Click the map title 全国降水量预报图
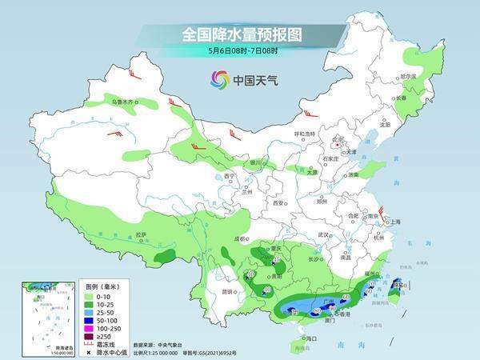tap(240, 35)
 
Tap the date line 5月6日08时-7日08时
tap(240, 50)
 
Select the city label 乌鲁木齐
tap(125, 102)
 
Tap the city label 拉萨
tap(142, 234)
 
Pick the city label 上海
tap(394, 222)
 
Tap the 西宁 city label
tap(230, 176)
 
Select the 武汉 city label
tap(324, 234)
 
